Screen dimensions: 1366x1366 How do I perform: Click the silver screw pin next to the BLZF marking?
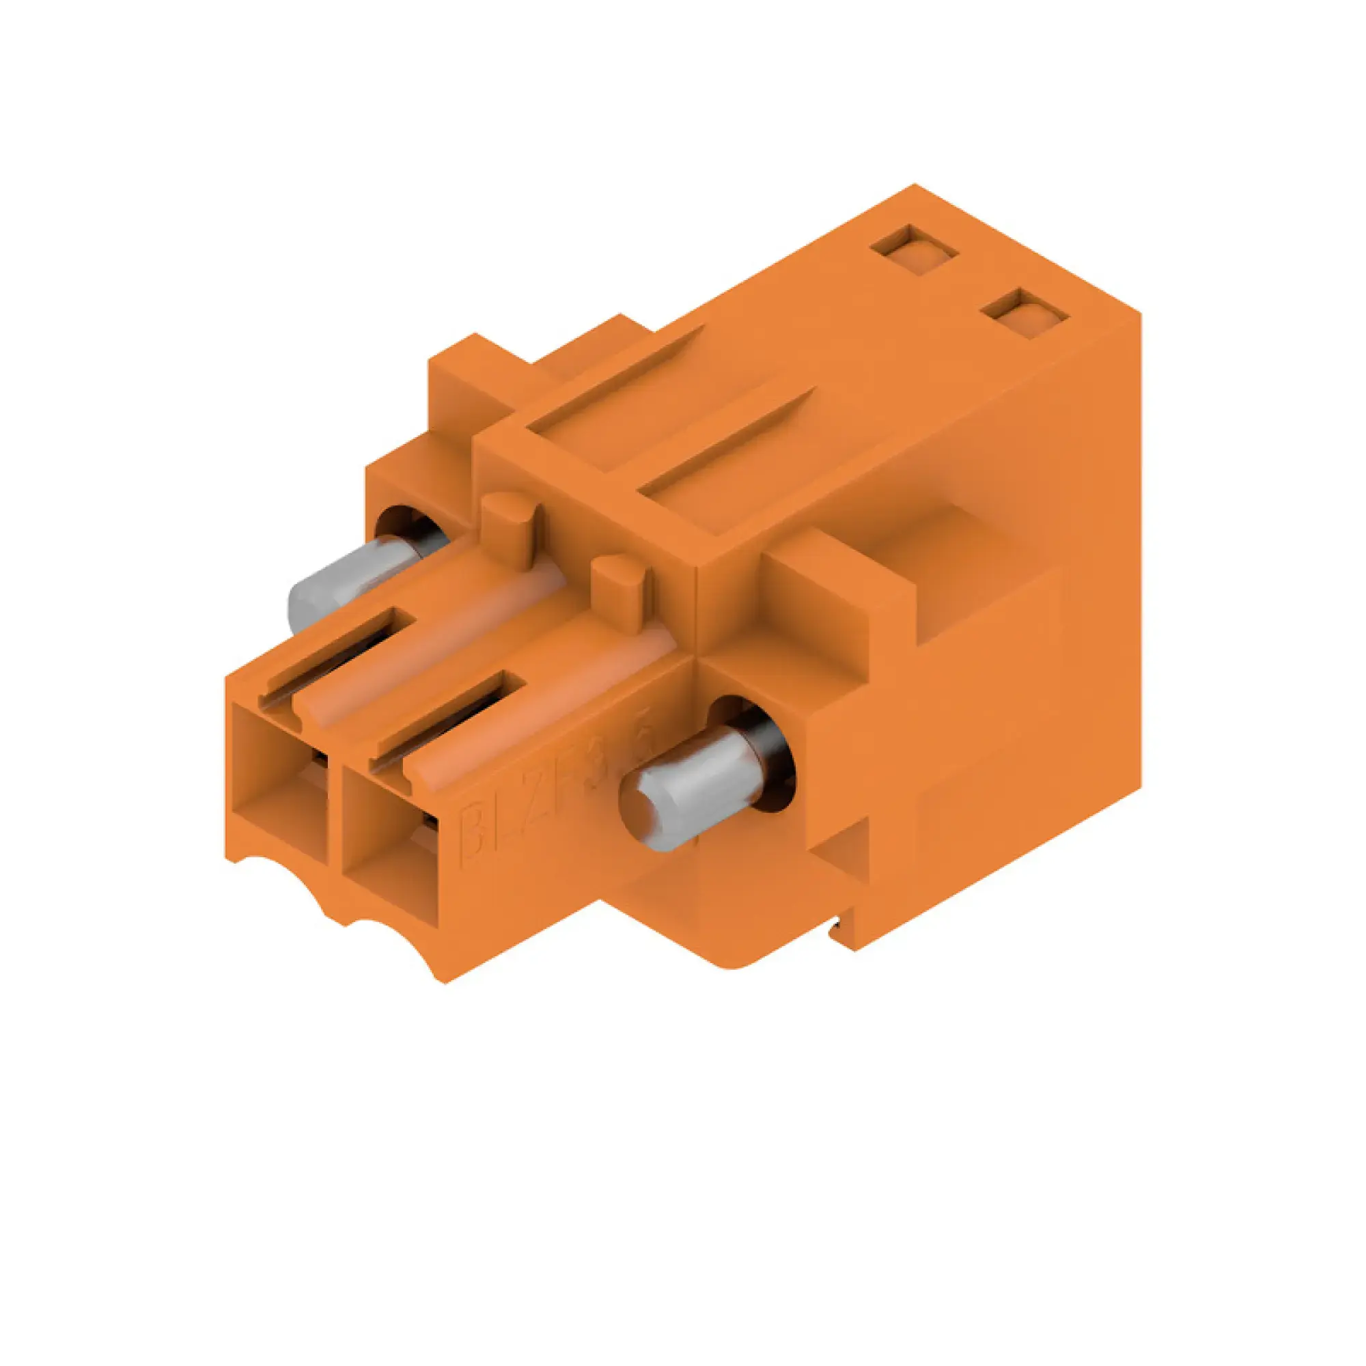[x=679, y=796]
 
